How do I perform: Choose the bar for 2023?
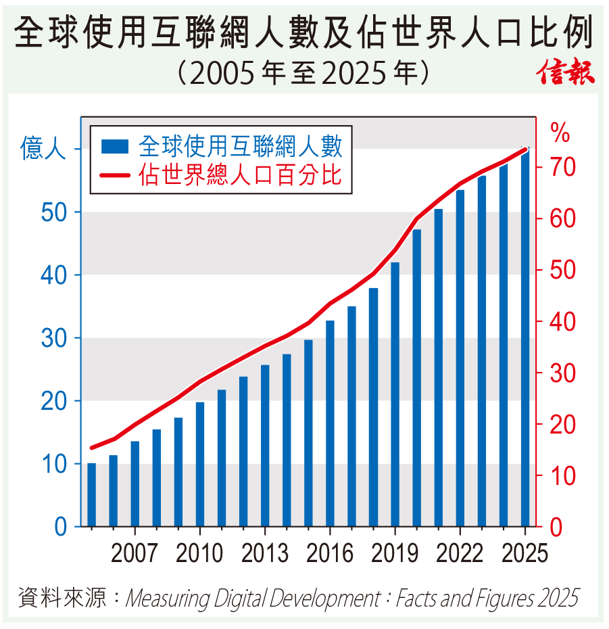coord(482,351)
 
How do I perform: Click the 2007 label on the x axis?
coord(135,553)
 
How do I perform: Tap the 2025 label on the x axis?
coord(525,553)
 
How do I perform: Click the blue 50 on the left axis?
coord(54,212)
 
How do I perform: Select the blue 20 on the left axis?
coord(54,401)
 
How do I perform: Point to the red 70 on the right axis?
coord(563,167)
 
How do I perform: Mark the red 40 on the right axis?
coord(563,321)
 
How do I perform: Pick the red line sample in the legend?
coord(115,176)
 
